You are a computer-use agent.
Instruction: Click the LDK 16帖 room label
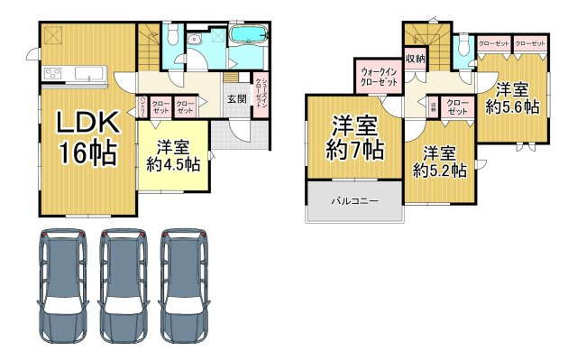[x=87, y=137]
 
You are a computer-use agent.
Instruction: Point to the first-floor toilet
[x=170, y=37]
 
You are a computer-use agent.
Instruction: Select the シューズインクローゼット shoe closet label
[x=258, y=92]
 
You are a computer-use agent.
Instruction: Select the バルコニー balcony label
[x=353, y=200]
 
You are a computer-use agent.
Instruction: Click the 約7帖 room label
[x=354, y=136]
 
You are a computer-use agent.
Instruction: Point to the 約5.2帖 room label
[x=439, y=160]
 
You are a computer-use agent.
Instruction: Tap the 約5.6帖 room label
[x=511, y=97]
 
